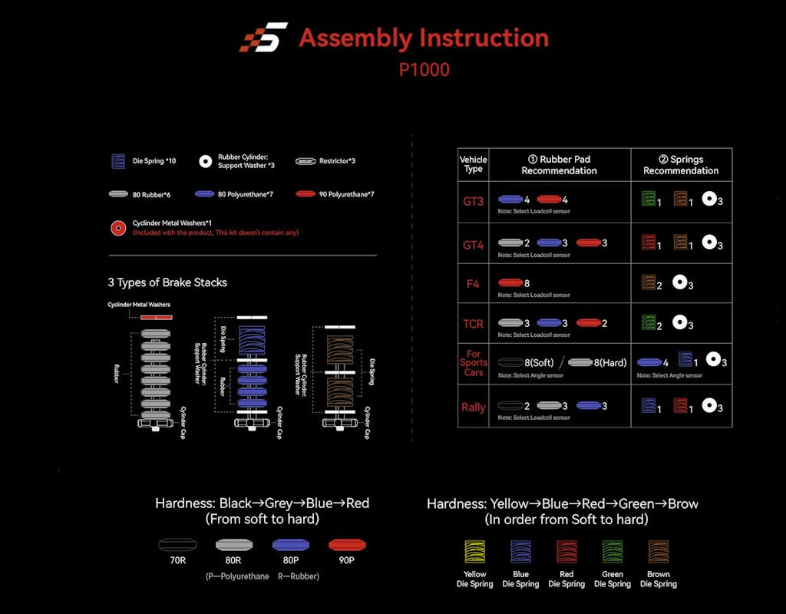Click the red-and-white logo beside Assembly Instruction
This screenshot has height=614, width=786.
[x=263, y=38]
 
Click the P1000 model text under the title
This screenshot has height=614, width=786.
[x=424, y=69]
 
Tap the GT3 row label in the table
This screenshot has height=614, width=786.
[x=473, y=202]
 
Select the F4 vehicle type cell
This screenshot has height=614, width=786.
[x=473, y=283]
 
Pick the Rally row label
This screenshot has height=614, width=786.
[x=473, y=407]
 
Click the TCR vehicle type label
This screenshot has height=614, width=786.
[x=473, y=324]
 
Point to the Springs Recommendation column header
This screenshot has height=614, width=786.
[x=681, y=165]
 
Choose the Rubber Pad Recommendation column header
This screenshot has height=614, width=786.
[x=559, y=165]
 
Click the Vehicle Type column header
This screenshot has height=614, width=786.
[x=473, y=165]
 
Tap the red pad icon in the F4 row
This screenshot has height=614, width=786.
[x=510, y=283]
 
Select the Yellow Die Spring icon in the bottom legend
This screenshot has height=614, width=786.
[x=474, y=553]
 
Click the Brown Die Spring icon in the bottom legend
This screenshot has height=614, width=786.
[x=658, y=553]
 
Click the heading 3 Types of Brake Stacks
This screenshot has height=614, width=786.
[x=167, y=282]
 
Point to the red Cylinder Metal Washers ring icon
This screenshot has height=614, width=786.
[x=118, y=228]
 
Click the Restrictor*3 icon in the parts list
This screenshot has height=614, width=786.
[x=306, y=162]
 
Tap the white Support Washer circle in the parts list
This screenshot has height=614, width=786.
[x=205, y=162]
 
